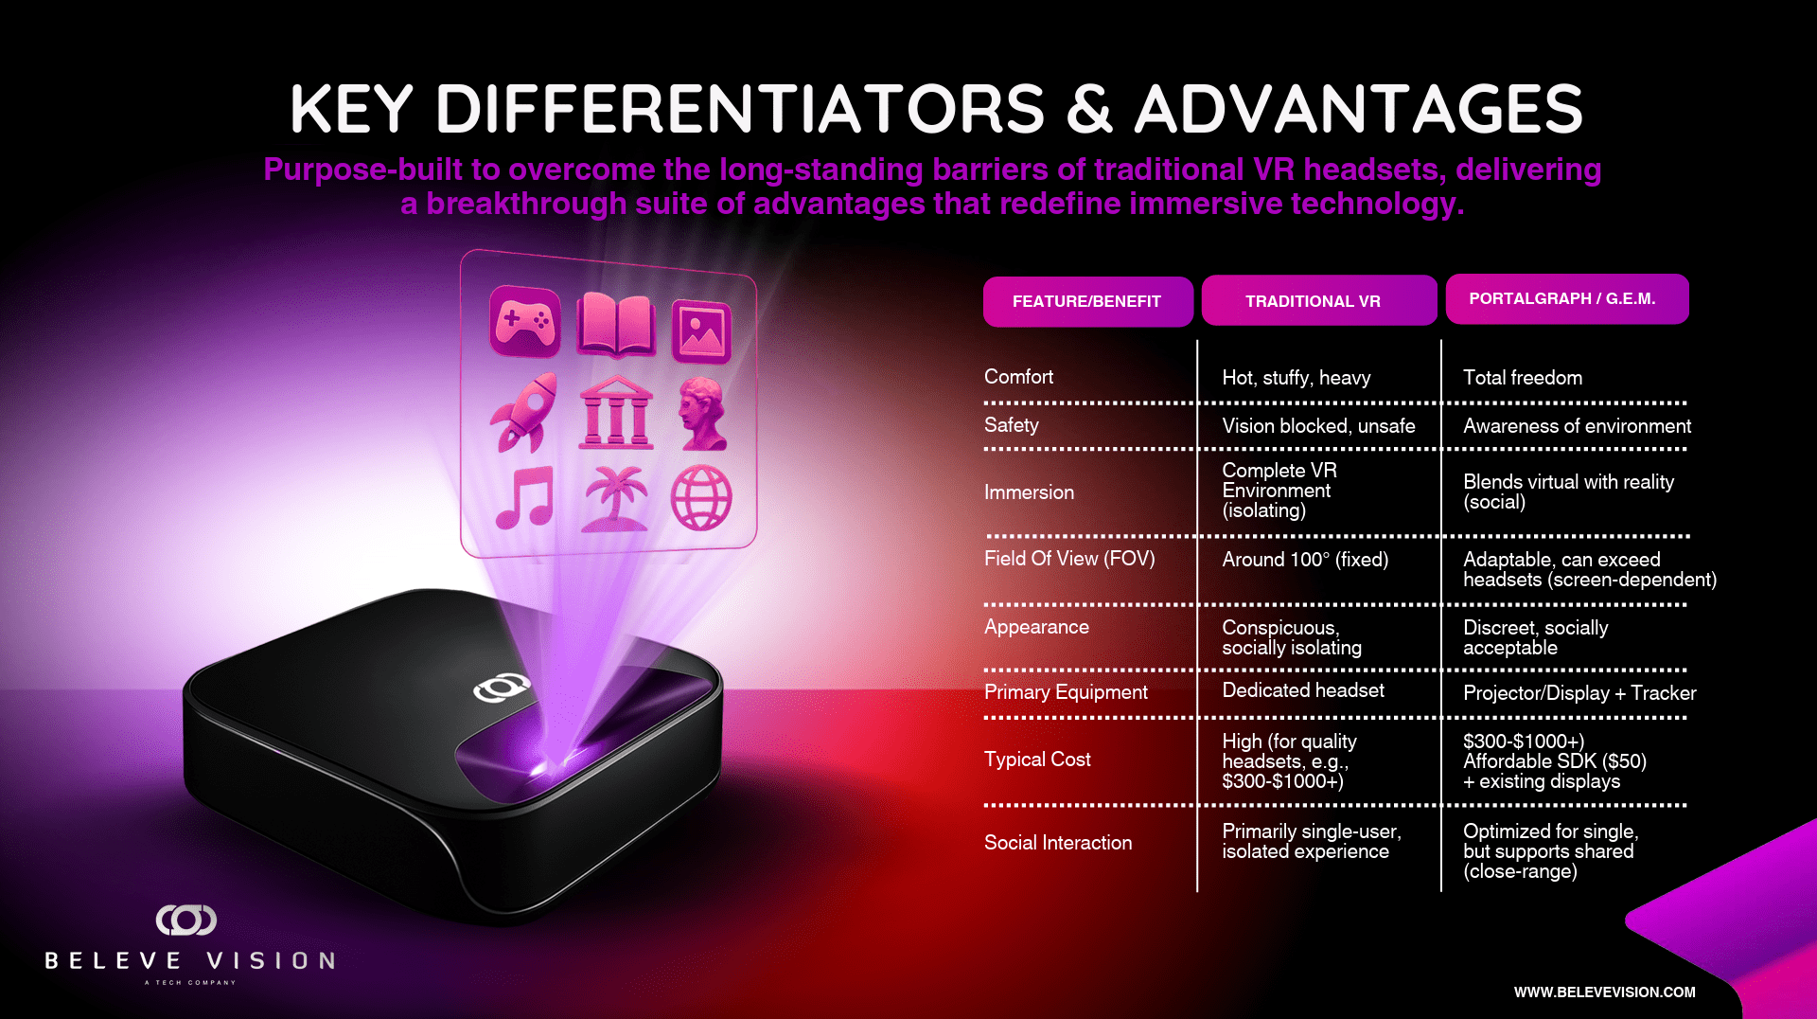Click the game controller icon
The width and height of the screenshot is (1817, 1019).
click(525, 321)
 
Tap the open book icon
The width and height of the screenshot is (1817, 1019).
click(616, 325)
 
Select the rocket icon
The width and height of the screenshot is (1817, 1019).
click(524, 412)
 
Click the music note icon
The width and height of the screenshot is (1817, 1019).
click(525, 497)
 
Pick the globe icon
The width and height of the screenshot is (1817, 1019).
click(701, 497)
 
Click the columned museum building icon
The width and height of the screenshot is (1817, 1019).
click(616, 412)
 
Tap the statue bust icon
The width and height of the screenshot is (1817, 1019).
click(703, 414)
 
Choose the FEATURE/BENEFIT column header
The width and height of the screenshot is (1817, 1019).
click(1087, 301)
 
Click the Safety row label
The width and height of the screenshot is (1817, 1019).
click(1012, 425)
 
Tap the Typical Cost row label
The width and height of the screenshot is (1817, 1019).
click(1037, 760)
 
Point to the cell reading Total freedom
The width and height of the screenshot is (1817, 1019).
click(1523, 378)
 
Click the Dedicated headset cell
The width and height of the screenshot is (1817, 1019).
click(1303, 690)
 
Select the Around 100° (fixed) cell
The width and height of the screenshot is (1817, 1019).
click(1305, 560)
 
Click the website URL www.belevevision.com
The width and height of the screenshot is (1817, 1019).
click(1605, 992)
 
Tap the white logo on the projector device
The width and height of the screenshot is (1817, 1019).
click(502, 688)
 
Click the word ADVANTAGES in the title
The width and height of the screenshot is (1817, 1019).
click(1359, 109)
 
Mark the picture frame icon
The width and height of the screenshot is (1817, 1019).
click(701, 331)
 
